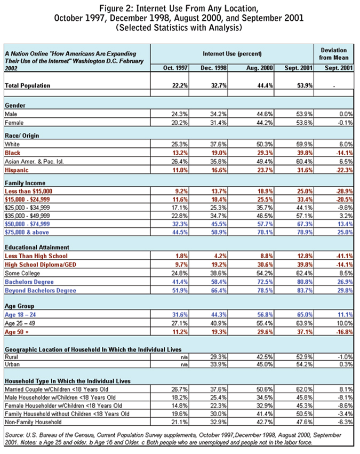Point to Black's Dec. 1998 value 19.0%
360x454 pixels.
(x=220, y=153)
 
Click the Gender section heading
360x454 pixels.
(x=16, y=106)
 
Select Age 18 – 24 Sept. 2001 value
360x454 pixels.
(x=302, y=315)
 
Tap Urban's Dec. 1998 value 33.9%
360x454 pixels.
(x=220, y=364)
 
